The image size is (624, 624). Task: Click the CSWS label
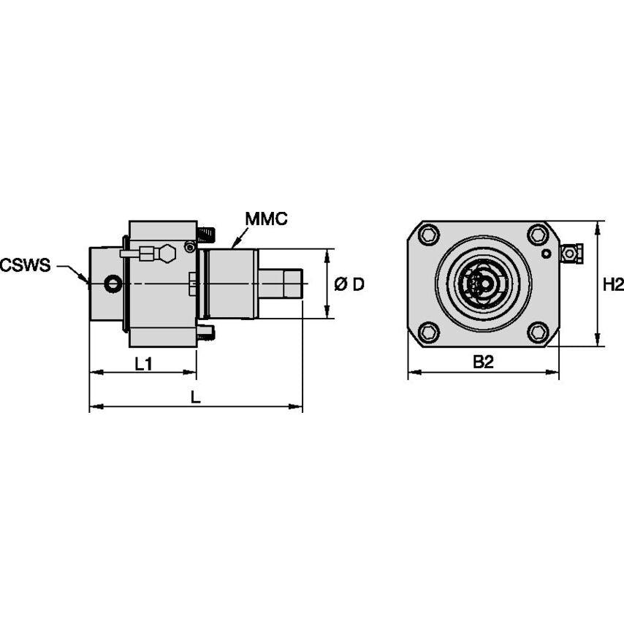[x=26, y=265]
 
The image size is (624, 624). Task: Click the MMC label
[x=266, y=219]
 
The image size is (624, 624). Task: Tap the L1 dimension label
[x=143, y=364]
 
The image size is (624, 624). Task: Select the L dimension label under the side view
[x=195, y=397]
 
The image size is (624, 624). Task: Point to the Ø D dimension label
[x=349, y=284]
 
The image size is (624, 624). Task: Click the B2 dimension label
[x=483, y=362]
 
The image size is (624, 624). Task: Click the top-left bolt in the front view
[x=430, y=235]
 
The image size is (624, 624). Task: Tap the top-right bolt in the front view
[x=538, y=235]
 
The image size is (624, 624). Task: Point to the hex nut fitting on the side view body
[x=167, y=253]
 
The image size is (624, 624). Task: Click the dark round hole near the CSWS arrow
[x=111, y=284]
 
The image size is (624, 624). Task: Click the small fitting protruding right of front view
[x=571, y=253]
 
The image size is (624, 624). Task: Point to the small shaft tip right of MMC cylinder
[x=294, y=284]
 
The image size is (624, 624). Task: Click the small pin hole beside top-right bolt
[x=547, y=254]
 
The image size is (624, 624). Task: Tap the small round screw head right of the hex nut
[x=189, y=248]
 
